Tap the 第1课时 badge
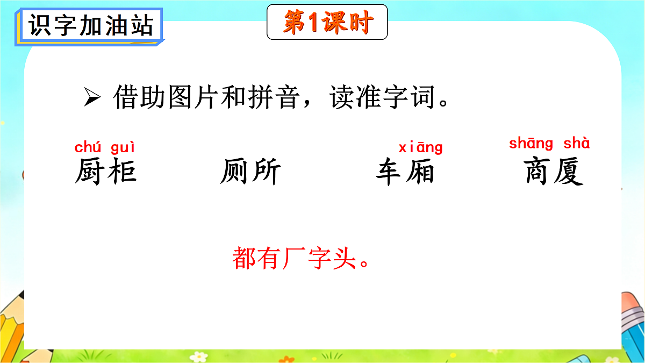327,23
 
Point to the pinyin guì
123,147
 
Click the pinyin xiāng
420,147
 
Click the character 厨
90,172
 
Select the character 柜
121,172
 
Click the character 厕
235,172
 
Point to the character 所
266,172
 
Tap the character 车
390,172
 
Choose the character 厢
420,172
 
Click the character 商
539,172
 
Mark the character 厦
570,172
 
